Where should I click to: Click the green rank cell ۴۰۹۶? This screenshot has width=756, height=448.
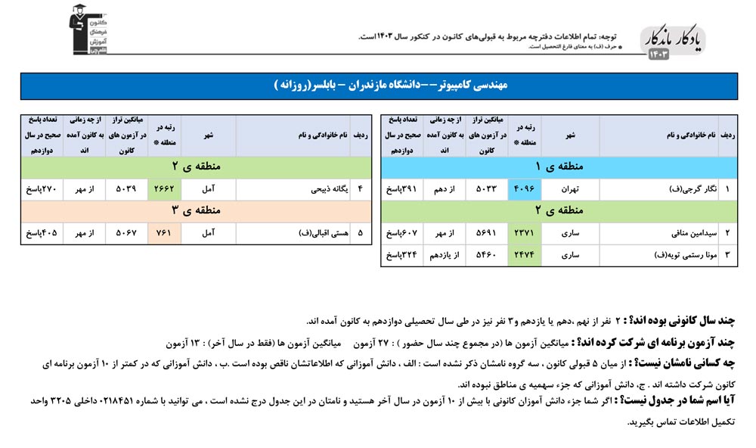click(x=527, y=189)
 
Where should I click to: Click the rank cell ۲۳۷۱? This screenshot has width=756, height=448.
click(x=527, y=234)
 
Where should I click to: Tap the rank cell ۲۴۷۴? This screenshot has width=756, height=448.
click(x=527, y=256)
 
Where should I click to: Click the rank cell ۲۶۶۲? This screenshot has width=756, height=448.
click(x=166, y=189)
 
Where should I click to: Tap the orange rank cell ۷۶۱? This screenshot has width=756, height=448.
click(x=166, y=234)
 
